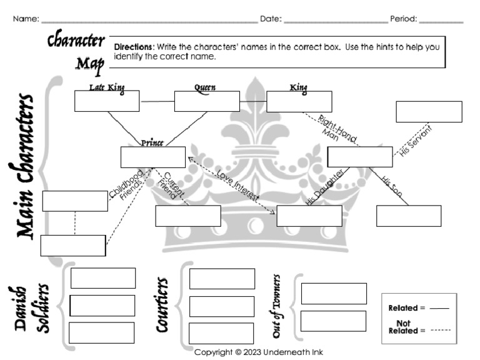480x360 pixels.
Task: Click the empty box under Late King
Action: pos(107,101)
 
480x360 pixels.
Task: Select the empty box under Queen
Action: pos(206,101)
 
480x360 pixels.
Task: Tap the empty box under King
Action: pos(299,101)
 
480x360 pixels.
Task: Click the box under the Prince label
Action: pos(153,157)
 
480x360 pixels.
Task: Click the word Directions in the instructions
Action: pos(133,47)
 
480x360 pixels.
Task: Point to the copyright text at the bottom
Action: pos(258,352)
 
